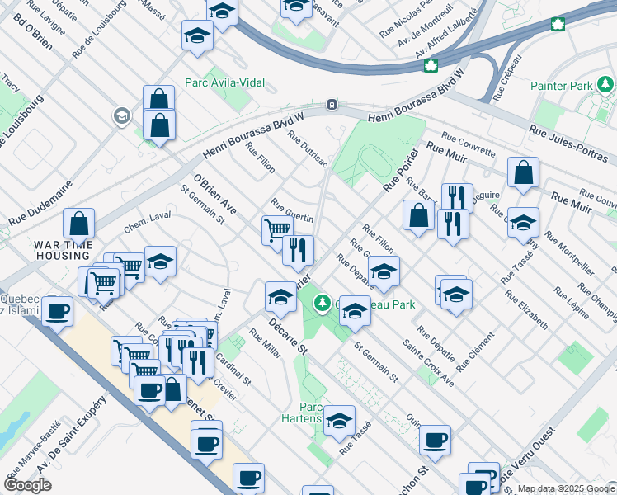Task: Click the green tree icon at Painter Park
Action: pyautogui.click(x=606, y=84)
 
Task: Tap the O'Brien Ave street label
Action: pyautogui.click(x=215, y=194)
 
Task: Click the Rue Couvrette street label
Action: pyautogui.click(x=469, y=144)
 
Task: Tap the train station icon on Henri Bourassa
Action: pyautogui.click(x=331, y=105)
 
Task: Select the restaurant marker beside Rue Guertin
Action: pyautogui.click(x=298, y=248)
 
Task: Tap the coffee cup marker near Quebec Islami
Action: pyautogui.click(x=58, y=311)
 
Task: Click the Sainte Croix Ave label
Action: pyautogui.click(x=428, y=363)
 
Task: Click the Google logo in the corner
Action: pyautogui.click(x=28, y=485)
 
